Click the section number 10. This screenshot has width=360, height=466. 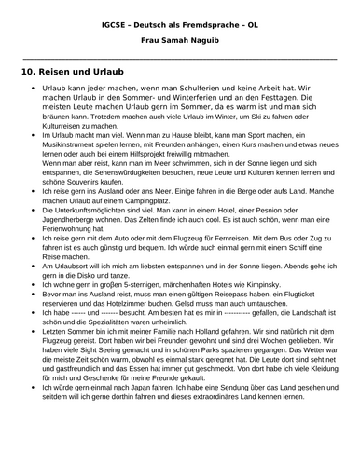point(28,72)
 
